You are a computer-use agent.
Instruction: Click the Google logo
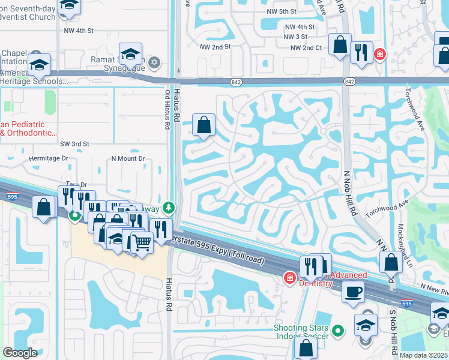point(20,353)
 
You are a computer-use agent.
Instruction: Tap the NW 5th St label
point(283,11)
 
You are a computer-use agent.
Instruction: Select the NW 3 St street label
point(300,37)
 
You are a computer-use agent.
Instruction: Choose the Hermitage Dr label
point(49,158)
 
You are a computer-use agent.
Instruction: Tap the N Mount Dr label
point(128,158)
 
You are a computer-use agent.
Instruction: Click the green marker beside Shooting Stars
point(338,330)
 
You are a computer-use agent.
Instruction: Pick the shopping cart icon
point(142,242)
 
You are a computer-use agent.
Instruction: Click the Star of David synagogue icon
point(154,62)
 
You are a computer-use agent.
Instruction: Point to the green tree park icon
point(169,208)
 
